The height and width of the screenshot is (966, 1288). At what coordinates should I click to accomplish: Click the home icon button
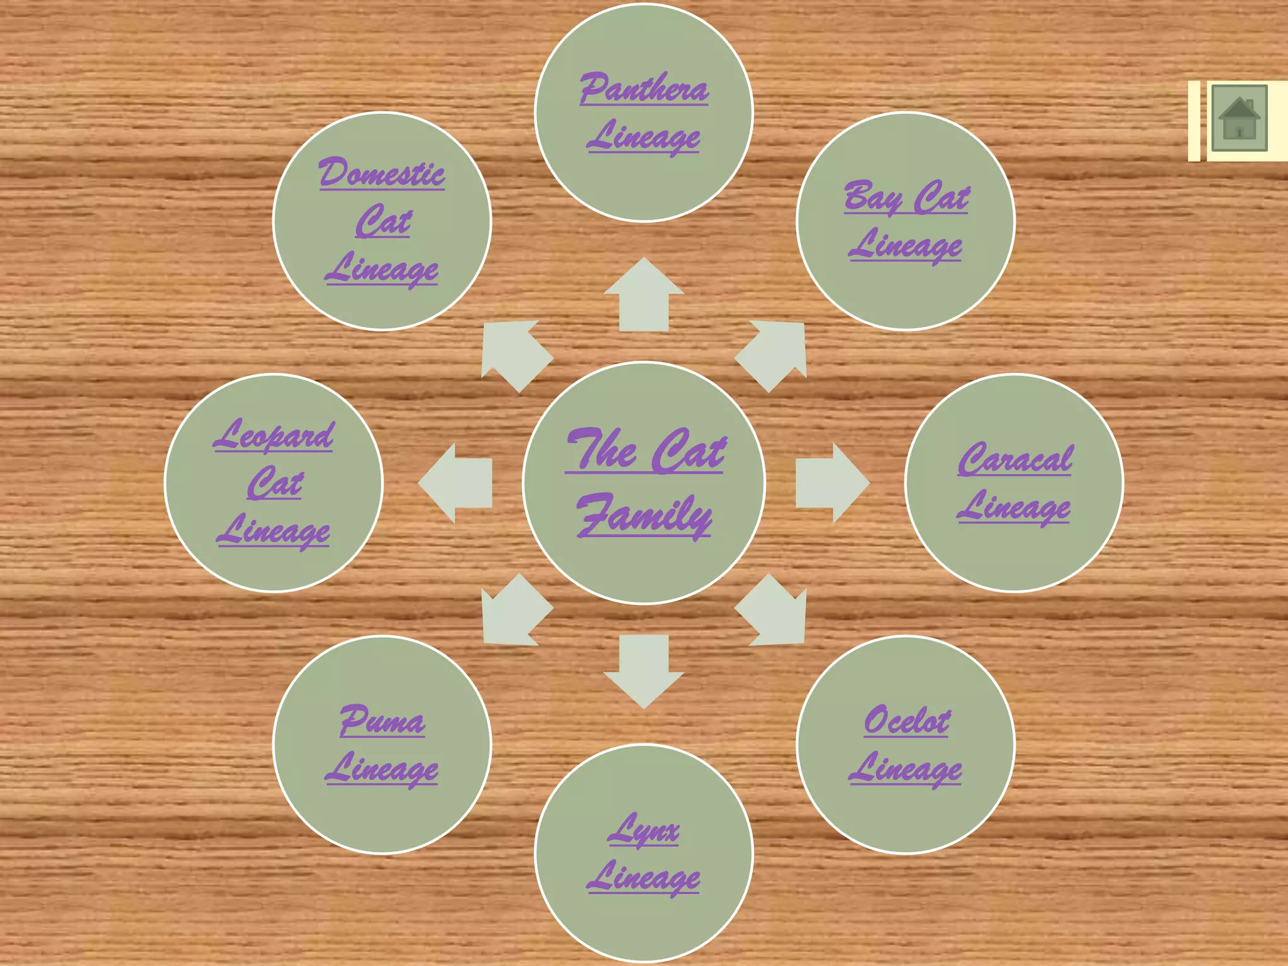click(1239, 118)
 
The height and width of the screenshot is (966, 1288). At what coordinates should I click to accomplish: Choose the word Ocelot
click(906, 720)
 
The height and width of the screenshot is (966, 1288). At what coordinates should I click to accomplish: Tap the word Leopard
click(274, 435)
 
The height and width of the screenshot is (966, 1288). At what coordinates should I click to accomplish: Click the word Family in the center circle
click(645, 516)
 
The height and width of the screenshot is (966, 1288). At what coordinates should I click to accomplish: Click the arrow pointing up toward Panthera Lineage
click(644, 294)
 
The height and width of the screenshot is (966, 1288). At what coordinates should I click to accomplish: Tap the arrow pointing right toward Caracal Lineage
click(833, 483)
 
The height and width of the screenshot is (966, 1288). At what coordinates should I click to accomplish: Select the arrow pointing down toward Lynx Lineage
click(644, 672)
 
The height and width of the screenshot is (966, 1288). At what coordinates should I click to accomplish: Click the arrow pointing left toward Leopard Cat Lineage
click(455, 483)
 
